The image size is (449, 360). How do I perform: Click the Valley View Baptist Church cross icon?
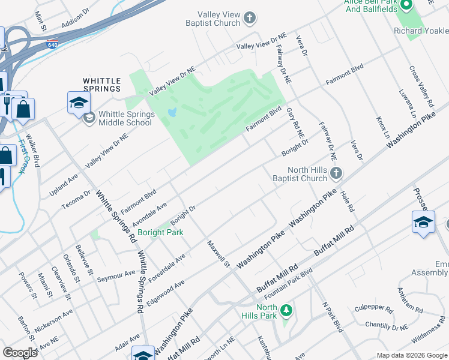(x=250, y=19)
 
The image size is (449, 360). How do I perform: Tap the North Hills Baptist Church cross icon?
(x=336, y=174)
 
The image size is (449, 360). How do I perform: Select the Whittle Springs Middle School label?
(x=125, y=118)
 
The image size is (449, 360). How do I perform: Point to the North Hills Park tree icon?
(x=287, y=310)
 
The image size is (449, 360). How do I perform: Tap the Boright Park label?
(x=160, y=232)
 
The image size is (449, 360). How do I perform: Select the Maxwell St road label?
(x=218, y=254)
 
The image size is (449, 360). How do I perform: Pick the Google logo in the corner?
(x=20, y=353)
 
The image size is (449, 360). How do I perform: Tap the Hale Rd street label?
(x=348, y=200)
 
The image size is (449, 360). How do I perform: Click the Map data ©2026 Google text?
(x=412, y=355)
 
